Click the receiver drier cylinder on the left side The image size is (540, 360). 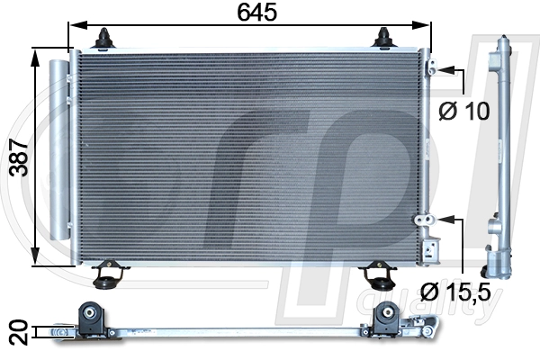point(58,149)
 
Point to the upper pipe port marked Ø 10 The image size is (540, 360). point(432,68)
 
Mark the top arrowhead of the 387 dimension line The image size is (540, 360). point(36,54)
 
